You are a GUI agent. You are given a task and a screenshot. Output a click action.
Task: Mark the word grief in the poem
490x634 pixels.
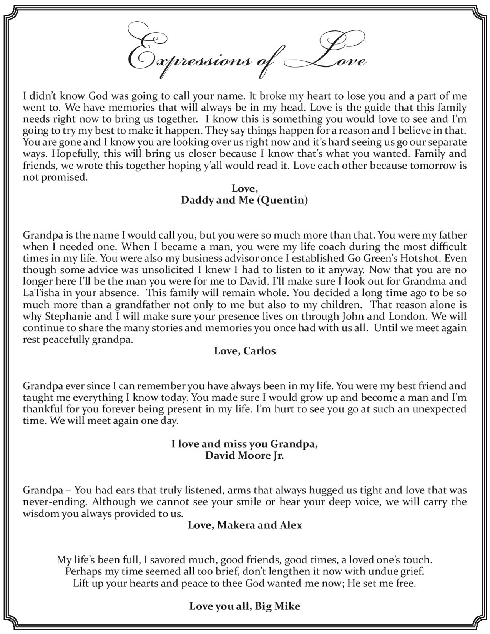(412, 571)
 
